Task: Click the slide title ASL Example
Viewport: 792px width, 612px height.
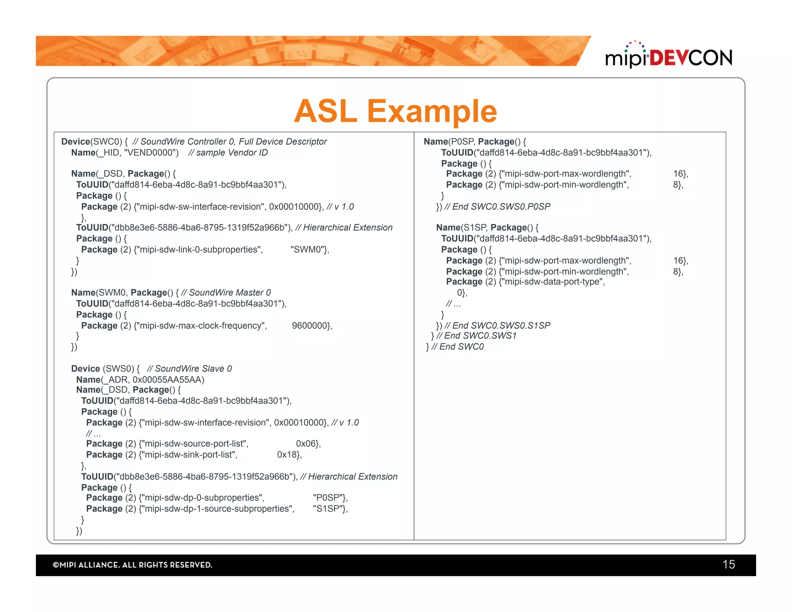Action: [x=395, y=111]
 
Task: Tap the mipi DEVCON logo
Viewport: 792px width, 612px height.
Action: [x=669, y=56]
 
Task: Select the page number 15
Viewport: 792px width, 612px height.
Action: [x=728, y=564]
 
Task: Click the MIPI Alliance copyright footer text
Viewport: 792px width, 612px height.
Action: [x=133, y=565]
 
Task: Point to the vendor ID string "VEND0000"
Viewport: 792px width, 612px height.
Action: [x=151, y=153]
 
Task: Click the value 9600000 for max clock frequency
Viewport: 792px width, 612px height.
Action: [x=311, y=326]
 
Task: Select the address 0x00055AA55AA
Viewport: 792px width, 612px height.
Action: [x=168, y=380]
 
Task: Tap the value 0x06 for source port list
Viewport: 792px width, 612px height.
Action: [x=307, y=444]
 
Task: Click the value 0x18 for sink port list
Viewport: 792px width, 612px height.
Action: [x=288, y=455]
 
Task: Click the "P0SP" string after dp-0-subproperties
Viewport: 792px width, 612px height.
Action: [x=329, y=498]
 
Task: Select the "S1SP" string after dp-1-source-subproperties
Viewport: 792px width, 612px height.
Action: [x=329, y=509]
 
